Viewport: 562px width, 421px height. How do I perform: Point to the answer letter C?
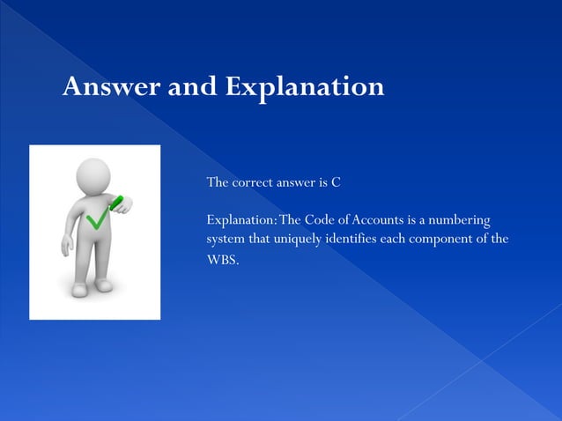click(x=336, y=183)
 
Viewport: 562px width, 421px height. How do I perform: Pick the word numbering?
click(x=457, y=219)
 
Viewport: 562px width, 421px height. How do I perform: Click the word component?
click(x=447, y=240)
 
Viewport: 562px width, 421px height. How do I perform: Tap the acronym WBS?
click(x=220, y=261)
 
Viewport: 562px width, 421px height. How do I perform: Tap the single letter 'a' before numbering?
click(x=421, y=219)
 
